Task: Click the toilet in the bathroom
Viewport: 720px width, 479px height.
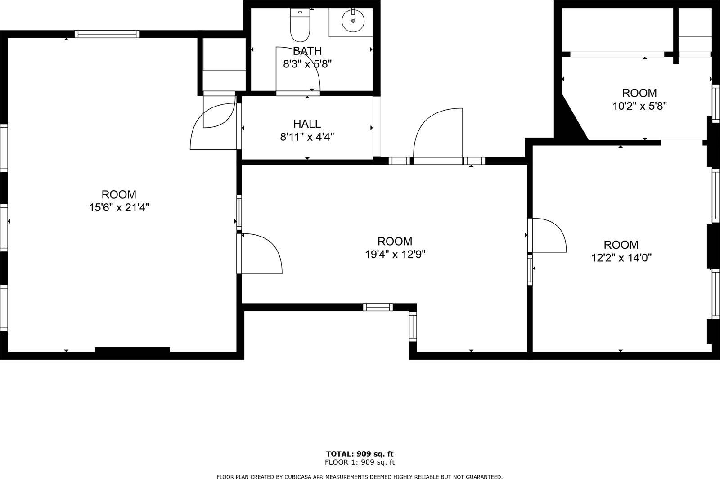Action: pos(300,26)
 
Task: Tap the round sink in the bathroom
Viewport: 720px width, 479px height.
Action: pos(352,20)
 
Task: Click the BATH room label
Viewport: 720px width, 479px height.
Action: pos(307,51)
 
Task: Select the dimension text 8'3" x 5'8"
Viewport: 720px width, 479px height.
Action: pos(307,64)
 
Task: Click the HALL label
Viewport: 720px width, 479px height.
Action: pos(307,124)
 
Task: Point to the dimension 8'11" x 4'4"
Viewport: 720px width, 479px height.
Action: pos(307,137)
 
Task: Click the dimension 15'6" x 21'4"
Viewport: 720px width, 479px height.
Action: pos(119,207)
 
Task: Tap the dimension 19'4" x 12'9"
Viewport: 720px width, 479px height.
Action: pos(395,255)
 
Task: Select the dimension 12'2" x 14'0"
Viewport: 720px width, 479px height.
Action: pos(621,258)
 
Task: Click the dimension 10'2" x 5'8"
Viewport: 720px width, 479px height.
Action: pos(639,106)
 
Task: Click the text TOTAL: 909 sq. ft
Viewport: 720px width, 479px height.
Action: pos(360,454)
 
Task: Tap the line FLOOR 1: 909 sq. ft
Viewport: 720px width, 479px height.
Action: pos(360,462)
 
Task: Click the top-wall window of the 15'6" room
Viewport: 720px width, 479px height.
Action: pos(107,34)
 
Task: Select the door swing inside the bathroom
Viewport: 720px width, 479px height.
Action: pos(297,67)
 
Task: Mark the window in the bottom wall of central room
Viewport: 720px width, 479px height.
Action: pos(378,307)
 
